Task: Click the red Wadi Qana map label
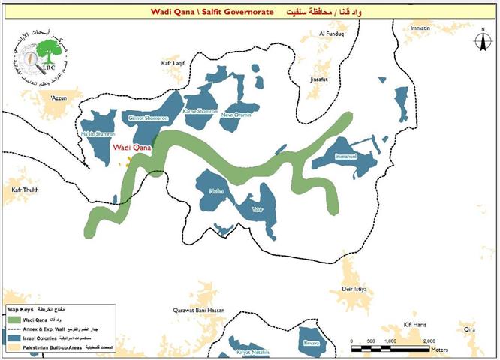tap(132, 148)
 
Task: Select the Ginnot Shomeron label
tap(147, 118)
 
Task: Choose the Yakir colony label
tap(258, 208)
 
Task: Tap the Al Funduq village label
tap(331, 34)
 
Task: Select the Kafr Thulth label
tap(24, 190)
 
